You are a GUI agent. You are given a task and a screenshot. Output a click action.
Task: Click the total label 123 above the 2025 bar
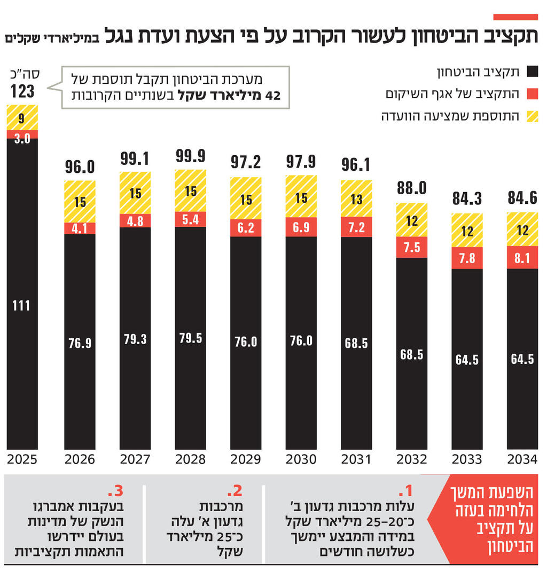[x=22, y=91]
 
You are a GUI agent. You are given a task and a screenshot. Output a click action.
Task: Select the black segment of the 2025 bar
[x=22, y=293]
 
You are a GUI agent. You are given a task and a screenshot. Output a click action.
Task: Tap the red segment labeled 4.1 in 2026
[x=80, y=228]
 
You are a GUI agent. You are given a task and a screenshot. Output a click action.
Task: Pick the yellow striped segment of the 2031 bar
[x=356, y=198]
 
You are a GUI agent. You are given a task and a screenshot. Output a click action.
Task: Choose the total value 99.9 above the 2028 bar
[x=190, y=156]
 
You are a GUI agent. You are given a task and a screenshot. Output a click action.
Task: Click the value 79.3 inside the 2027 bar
[x=135, y=339]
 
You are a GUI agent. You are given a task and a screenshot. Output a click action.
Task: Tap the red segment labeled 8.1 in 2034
[x=522, y=257]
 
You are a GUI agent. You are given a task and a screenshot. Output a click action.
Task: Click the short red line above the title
[x=515, y=18]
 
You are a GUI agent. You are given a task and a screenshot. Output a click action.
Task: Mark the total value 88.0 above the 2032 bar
[x=411, y=188]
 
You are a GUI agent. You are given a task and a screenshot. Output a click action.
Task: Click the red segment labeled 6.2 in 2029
[x=246, y=227]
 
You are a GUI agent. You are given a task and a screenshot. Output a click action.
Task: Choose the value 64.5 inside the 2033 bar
[x=467, y=360]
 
